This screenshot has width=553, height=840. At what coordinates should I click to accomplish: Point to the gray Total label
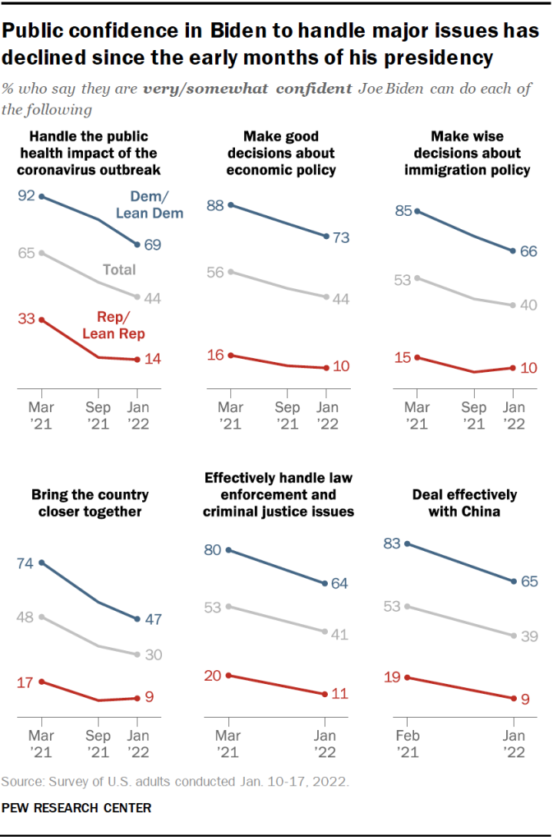(119, 269)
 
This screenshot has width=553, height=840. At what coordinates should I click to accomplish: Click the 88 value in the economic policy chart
(216, 205)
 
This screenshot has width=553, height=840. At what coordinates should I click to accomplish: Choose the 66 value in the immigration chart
(528, 250)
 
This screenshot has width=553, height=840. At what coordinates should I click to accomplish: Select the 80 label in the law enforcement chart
(214, 550)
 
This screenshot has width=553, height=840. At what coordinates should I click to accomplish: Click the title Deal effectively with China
(464, 503)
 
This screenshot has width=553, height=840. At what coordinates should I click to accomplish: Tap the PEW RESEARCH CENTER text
(76, 808)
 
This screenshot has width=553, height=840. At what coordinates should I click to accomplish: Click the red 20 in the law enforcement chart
(214, 675)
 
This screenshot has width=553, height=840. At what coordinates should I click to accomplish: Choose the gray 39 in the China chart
(528, 636)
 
